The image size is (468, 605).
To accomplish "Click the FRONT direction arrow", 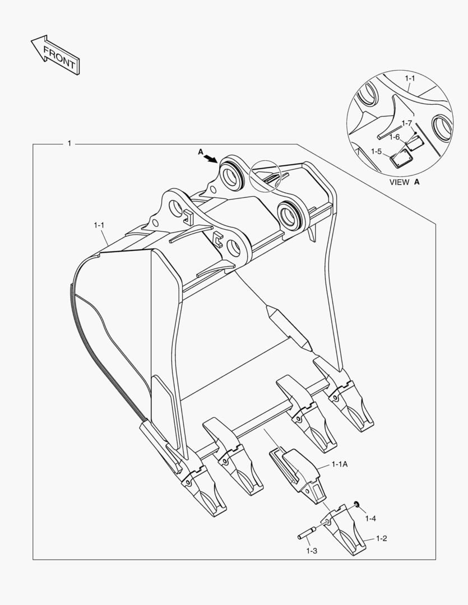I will (x=54, y=55).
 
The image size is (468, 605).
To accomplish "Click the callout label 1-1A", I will (x=340, y=464).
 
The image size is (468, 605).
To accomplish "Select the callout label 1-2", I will (x=381, y=538).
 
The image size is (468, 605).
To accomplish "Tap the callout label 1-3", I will (x=312, y=551).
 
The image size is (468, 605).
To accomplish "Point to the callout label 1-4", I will (x=370, y=519).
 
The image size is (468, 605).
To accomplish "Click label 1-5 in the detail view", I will (x=376, y=151).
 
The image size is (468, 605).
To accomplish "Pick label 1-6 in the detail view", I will (x=395, y=137).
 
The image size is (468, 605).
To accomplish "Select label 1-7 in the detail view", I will (x=406, y=123).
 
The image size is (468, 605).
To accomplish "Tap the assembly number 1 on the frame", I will (x=69, y=144).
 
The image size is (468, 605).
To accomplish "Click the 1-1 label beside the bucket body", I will (x=99, y=225).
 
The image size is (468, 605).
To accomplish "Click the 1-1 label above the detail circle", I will (x=410, y=78).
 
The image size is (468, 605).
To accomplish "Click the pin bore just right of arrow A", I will (x=231, y=173).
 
